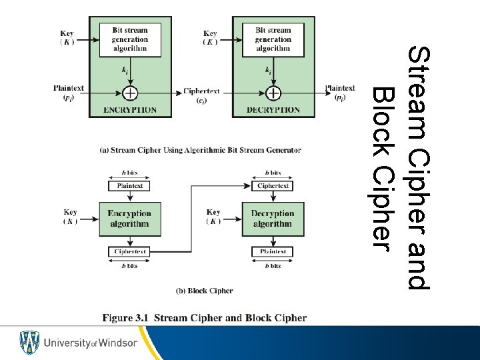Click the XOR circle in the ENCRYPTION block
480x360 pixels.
coord(130,93)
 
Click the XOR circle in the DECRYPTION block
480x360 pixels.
coord(273,93)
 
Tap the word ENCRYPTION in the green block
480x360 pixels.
coord(130,110)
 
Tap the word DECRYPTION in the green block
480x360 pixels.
coord(273,110)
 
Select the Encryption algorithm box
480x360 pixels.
coord(129,219)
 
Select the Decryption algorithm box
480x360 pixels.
coord(273,219)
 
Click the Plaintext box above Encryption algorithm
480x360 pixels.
coord(129,186)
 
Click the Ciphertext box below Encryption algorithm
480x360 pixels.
coord(129,252)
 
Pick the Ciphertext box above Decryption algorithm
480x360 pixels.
coord(273,186)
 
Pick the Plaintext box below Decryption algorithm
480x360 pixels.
coord(273,252)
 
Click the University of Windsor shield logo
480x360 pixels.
coord(29,343)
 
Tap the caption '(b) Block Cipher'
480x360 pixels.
coord(204,291)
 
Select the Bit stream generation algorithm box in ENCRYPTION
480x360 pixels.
coord(130,39)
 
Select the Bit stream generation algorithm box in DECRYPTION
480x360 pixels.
coord(273,39)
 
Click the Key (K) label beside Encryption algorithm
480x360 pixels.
coord(70,217)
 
